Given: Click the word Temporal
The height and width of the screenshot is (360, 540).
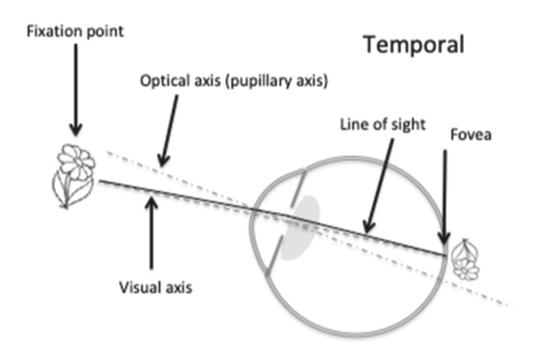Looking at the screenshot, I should [415, 44].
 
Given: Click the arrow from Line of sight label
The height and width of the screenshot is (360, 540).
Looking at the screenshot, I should [378, 185].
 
